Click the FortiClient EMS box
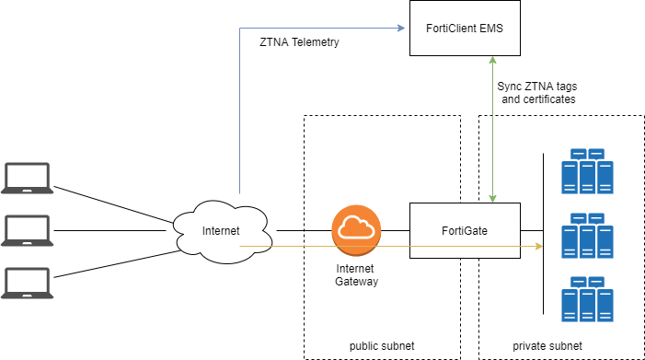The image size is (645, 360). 465,29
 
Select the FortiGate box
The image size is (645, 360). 465,230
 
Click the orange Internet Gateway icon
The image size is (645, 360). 356,230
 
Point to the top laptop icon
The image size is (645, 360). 27,178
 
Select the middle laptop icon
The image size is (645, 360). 27,230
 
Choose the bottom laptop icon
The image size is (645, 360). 27,283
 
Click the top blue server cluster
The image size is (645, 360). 588,171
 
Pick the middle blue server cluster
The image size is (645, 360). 588,235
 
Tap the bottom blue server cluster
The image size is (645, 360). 588,297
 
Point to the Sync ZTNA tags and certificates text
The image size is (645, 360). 538,92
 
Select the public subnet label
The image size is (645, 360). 382,345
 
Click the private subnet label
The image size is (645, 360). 548,345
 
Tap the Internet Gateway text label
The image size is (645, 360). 356,273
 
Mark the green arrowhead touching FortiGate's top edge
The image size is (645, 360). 495,198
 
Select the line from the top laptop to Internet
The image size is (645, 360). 115,205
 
